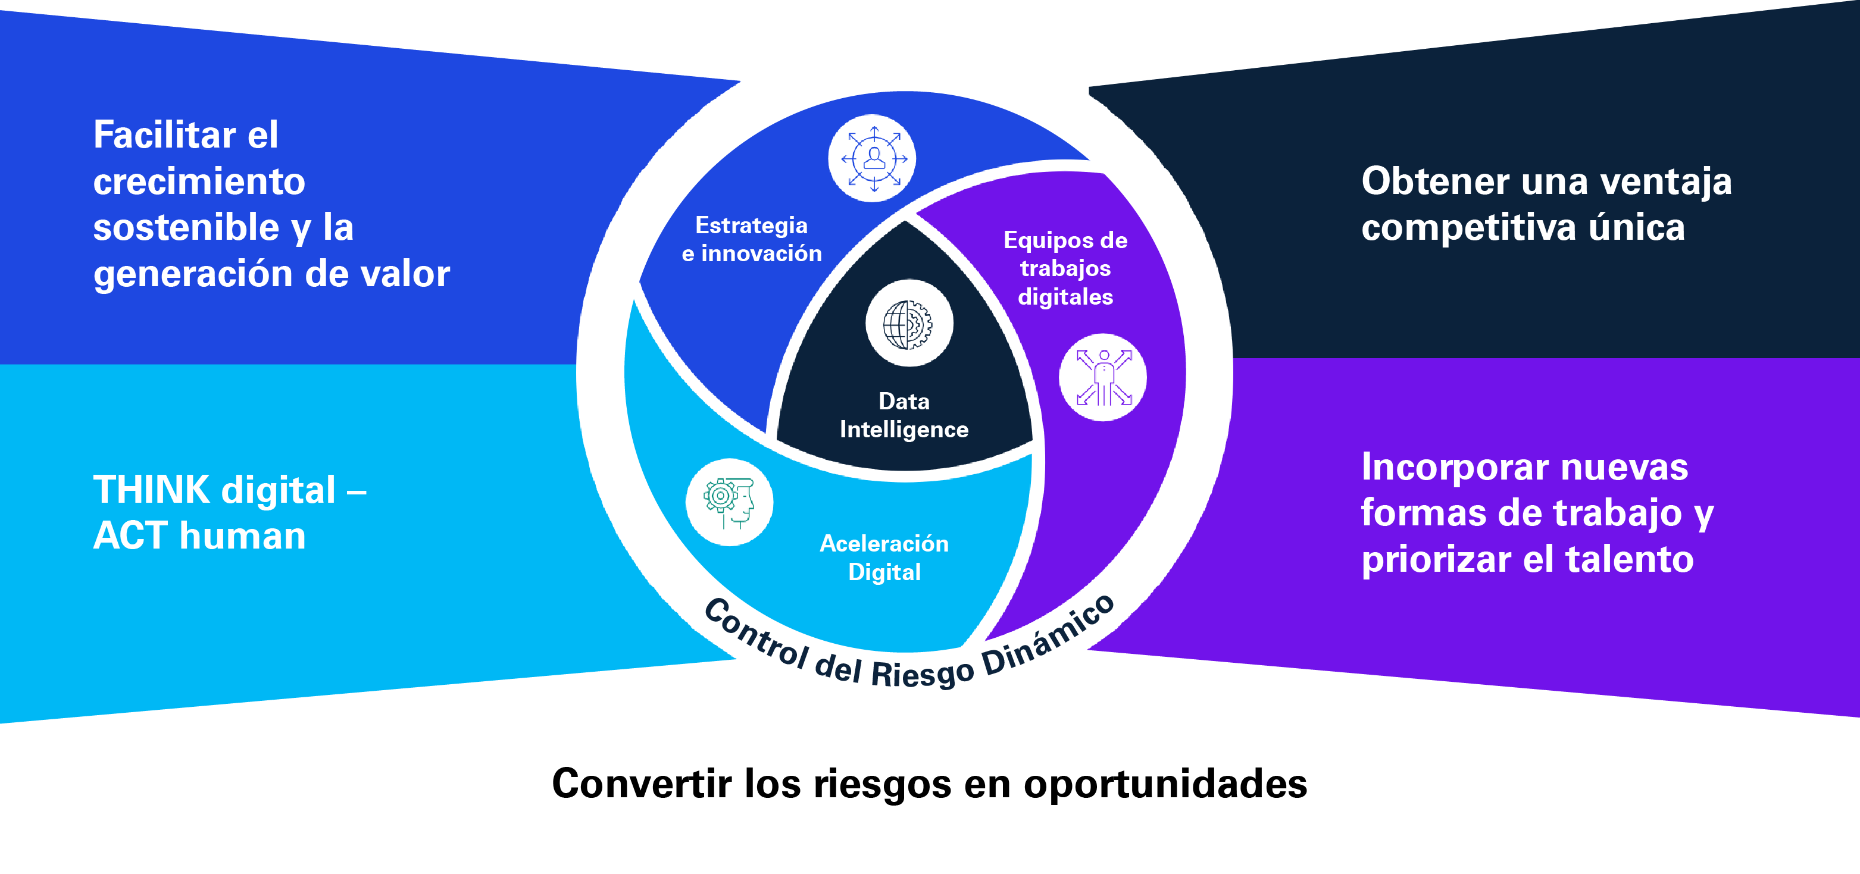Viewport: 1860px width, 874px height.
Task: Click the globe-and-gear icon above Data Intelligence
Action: tap(908, 324)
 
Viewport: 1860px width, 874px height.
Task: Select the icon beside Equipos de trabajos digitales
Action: tap(1102, 377)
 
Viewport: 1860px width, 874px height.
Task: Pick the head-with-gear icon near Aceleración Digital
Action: tap(729, 502)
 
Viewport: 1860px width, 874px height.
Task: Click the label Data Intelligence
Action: tap(904, 415)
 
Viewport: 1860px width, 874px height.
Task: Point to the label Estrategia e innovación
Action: tap(751, 239)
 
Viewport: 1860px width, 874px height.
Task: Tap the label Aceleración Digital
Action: tap(884, 557)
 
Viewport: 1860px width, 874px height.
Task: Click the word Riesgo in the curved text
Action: tap(922, 673)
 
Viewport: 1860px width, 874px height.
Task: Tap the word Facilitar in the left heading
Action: tap(165, 135)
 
